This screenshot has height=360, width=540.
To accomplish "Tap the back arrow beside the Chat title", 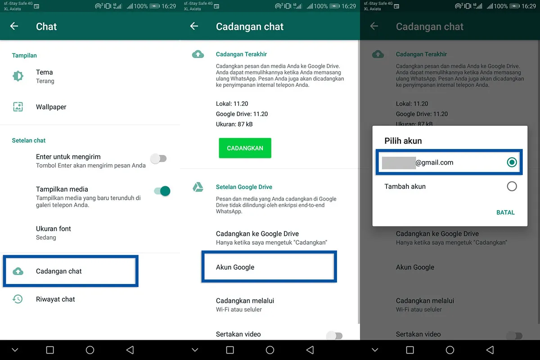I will tap(14, 26).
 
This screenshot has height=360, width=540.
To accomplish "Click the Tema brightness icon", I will tap(18, 76).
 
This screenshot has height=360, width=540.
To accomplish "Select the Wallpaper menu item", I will tap(51, 107).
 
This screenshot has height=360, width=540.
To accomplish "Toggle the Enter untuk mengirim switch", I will tap(158, 158).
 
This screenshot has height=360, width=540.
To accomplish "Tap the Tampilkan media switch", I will tap(162, 191).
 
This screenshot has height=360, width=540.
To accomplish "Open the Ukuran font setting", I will tap(54, 233).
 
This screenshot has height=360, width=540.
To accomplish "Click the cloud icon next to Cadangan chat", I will tap(18, 271).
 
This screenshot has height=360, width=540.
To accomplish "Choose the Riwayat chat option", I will tap(55, 299).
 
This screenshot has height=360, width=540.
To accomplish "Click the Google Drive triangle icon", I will tap(198, 187).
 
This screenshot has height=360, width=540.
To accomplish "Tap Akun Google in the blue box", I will tap(235, 267).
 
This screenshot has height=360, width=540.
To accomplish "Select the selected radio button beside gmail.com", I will tap(512, 162).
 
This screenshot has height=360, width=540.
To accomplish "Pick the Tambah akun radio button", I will tap(512, 186).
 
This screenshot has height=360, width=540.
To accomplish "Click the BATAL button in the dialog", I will tap(505, 212).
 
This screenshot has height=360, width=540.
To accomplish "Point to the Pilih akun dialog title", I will tap(403, 141).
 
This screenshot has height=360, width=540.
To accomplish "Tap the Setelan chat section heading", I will tap(29, 140).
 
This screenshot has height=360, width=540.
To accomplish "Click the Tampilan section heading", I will tap(24, 55).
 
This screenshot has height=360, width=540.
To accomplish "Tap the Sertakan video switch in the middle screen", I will tap(335, 335).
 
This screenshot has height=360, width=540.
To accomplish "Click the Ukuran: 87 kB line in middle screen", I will tap(234, 124).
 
